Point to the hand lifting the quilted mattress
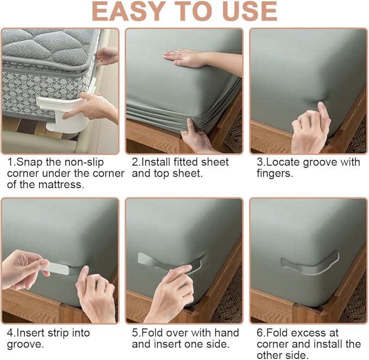pyautogui.click(x=108, y=55)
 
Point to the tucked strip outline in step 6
pyautogui.click(x=310, y=262)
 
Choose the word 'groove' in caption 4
pyautogui.click(x=22, y=344)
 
